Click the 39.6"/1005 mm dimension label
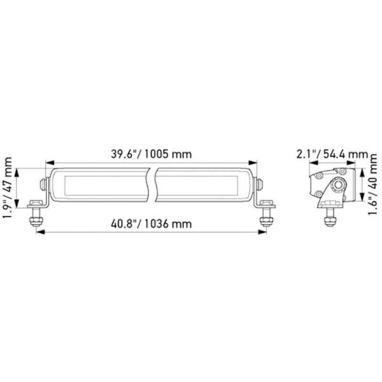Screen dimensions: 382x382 point(151,155)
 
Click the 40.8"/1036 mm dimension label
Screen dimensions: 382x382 point(151,223)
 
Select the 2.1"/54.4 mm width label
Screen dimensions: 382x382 point(332,154)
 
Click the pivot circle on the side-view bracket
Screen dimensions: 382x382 point(336,185)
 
